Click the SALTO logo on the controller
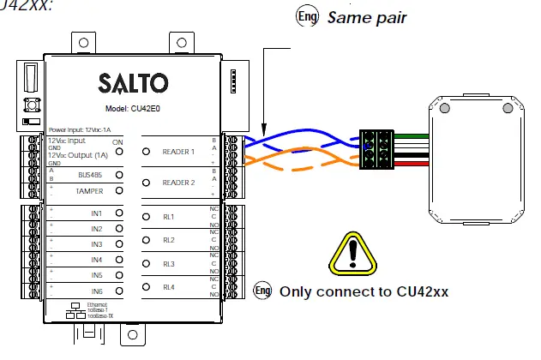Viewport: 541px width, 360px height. click(x=134, y=85)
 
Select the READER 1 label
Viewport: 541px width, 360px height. click(x=179, y=152)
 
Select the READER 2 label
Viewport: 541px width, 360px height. click(x=179, y=183)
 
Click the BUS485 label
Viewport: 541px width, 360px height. click(x=90, y=174)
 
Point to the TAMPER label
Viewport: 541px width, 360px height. click(x=89, y=189)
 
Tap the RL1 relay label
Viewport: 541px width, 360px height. click(x=169, y=217)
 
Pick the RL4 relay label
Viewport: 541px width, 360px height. click(x=169, y=287)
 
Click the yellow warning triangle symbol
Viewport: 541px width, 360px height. click(x=358, y=250)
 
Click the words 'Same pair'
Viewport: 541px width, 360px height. click(x=366, y=17)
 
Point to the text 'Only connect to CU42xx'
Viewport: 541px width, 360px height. click(x=364, y=291)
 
